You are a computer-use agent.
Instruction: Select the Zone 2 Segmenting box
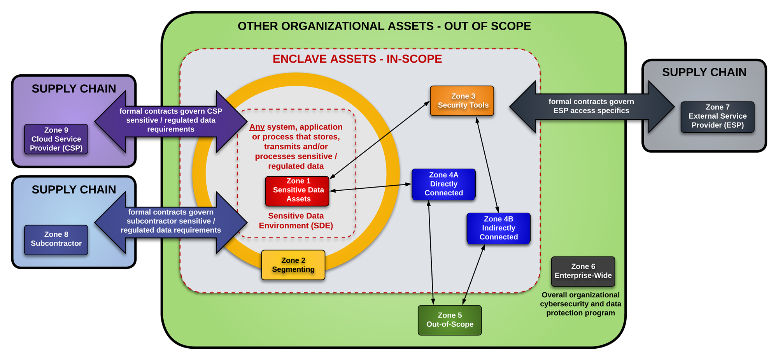[x=293, y=265]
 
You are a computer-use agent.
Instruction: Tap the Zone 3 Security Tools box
[x=462, y=101]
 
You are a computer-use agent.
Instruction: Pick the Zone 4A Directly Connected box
[x=443, y=184]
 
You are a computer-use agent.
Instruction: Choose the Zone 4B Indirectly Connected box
[x=498, y=228]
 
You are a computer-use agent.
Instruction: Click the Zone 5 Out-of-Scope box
[x=450, y=320]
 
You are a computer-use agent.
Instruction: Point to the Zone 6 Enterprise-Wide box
[x=583, y=271]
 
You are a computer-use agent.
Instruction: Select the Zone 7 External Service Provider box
[x=717, y=116]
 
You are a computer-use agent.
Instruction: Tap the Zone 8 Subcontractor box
[x=56, y=239]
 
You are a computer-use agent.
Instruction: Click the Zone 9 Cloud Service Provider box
[x=56, y=139]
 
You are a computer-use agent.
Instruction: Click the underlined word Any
[x=257, y=127]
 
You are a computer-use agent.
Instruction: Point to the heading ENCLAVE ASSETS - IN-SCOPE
[x=357, y=59]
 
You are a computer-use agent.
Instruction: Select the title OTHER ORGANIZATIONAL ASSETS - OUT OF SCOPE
[x=384, y=26]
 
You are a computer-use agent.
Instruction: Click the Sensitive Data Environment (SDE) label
[x=296, y=221]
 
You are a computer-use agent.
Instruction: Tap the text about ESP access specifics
[x=591, y=106]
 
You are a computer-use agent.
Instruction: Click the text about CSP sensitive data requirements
[x=171, y=120]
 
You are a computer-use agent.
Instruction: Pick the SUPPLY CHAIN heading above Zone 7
[x=704, y=72]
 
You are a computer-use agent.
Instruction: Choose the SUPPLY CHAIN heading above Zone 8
[x=74, y=190]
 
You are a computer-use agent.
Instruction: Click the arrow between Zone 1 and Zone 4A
[x=370, y=188]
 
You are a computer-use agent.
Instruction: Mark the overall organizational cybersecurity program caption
[x=580, y=304]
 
